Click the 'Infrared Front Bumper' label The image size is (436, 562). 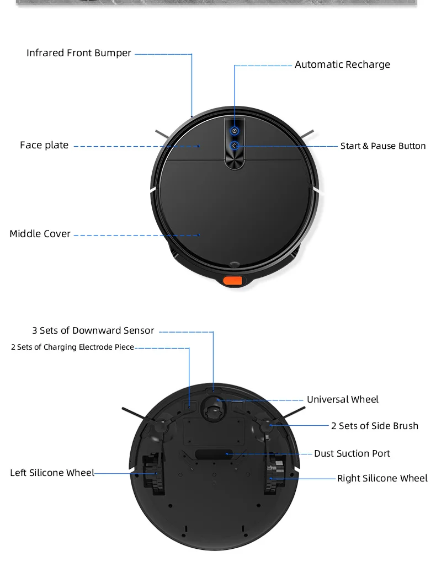coord(79,53)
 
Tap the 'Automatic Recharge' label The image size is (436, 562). coord(342,65)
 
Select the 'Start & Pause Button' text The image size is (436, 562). coord(383,146)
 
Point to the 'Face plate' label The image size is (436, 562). coord(44,146)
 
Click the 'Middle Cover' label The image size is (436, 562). coord(40,234)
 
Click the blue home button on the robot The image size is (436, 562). coord(235,131)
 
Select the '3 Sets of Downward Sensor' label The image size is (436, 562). coord(93,331)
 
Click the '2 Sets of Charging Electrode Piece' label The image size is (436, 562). coord(72,347)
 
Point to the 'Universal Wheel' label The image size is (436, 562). coord(343,399)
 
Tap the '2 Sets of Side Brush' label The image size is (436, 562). coord(375,426)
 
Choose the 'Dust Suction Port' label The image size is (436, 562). coord(352,453)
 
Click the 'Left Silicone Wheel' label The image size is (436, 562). coord(52,473)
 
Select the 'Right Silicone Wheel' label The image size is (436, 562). coord(382,478)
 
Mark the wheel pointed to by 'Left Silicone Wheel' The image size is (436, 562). coord(151,473)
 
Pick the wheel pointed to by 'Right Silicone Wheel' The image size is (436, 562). coord(274,473)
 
